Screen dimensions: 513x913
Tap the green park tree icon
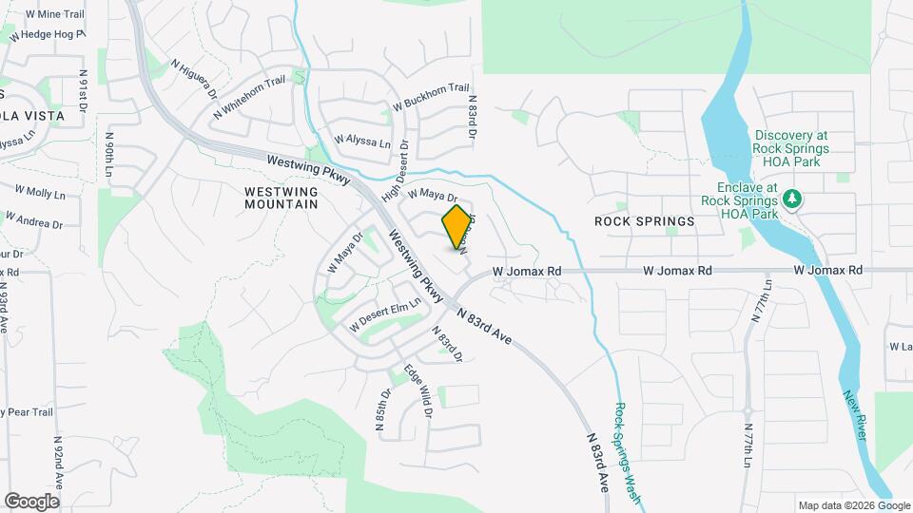coord(791,200)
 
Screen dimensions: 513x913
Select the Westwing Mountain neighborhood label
coord(281,198)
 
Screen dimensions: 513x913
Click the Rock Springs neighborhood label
coord(644,221)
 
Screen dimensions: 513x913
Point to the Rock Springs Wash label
coord(625,449)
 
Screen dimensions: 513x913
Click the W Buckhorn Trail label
coord(432,97)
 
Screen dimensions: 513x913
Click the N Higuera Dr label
coord(191,80)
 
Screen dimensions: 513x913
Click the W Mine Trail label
coord(55,14)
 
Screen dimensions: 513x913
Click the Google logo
coord(31,502)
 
